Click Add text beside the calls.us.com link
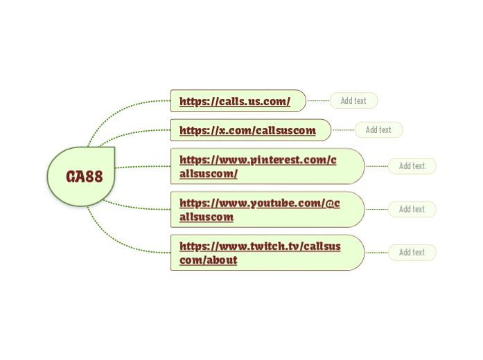click(x=353, y=101)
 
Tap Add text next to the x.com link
click(x=378, y=130)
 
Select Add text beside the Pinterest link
click(x=412, y=166)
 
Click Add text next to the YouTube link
click(x=412, y=209)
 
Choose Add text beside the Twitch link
click(x=412, y=253)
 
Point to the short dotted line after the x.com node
click(x=343, y=130)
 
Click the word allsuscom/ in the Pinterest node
click(x=209, y=173)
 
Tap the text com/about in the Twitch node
click(x=208, y=260)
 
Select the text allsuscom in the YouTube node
click(x=207, y=217)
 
